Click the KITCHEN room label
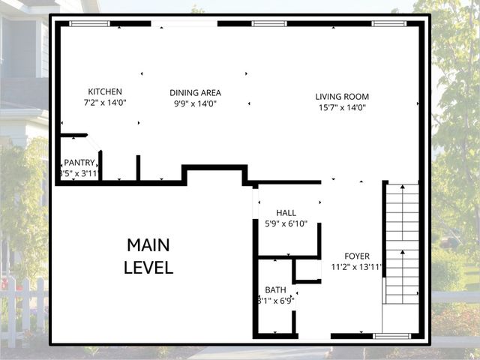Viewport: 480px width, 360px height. click(104, 91)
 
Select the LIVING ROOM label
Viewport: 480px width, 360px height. click(342, 96)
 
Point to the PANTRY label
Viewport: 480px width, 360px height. click(79, 162)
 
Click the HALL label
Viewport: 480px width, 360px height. click(286, 213)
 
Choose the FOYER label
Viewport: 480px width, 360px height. click(357, 256)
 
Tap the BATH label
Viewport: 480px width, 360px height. click(275, 289)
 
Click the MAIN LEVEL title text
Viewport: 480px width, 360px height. click(148, 256)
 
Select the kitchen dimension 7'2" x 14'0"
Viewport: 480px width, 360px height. click(104, 103)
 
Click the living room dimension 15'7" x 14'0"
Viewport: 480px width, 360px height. click(342, 107)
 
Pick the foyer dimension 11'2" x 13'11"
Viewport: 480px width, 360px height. click(357, 267)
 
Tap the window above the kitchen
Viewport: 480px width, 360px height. click(89, 24)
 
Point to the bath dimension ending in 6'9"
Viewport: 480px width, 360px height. click(275, 301)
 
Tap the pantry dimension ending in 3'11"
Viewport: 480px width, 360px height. click(79, 173)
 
